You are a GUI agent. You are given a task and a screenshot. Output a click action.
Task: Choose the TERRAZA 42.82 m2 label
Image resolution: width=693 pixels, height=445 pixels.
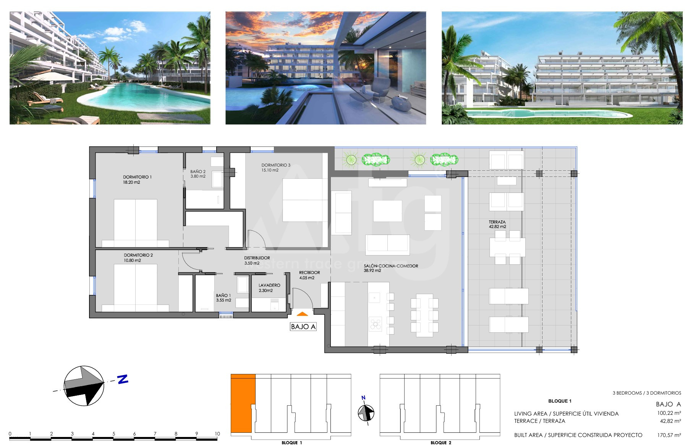pyautogui.click(x=497, y=224)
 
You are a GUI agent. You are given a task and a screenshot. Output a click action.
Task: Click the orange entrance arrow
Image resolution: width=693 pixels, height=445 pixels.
pyautogui.click(x=302, y=314)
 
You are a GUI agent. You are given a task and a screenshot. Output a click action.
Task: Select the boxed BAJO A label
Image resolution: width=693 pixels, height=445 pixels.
pyautogui.click(x=303, y=327)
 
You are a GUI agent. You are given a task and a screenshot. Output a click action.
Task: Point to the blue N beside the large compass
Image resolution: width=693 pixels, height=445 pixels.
pyautogui.click(x=122, y=379)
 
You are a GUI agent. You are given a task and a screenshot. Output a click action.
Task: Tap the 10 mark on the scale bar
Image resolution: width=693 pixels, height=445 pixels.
pyautogui.click(x=217, y=434)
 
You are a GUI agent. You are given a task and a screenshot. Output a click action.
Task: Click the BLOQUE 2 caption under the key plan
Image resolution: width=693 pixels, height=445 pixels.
pyautogui.click(x=441, y=443)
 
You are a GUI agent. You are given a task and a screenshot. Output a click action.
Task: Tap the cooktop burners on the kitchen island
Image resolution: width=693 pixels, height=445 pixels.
pyautogui.click(x=376, y=323)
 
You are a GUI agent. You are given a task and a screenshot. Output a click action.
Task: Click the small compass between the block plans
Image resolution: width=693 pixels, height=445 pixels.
pyautogui.click(x=366, y=413)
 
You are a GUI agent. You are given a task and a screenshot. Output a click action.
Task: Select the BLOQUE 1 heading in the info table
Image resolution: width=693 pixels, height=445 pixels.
pyautogui.click(x=560, y=401)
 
